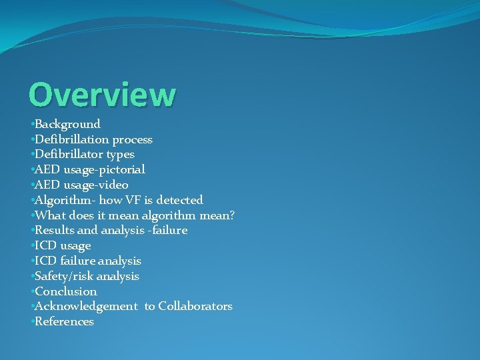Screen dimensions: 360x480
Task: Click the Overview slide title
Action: point(102,95)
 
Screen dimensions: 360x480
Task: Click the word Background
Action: point(67,124)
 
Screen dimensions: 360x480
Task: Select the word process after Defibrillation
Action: point(132,139)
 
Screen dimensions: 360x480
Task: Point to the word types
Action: point(120,155)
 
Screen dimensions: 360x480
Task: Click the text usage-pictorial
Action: point(104,169)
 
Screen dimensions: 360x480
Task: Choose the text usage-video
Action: point(96,185)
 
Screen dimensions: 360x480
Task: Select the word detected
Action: point(180,200)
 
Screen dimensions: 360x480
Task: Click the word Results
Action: point(55,230)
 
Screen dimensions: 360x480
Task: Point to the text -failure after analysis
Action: point(167,230)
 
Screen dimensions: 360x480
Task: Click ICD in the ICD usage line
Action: point(45,245)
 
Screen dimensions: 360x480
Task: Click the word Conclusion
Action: point(65,291)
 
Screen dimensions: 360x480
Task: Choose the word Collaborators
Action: point(195,306)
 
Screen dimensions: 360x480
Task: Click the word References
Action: point(64,321)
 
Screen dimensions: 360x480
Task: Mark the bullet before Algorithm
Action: point(31,200)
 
